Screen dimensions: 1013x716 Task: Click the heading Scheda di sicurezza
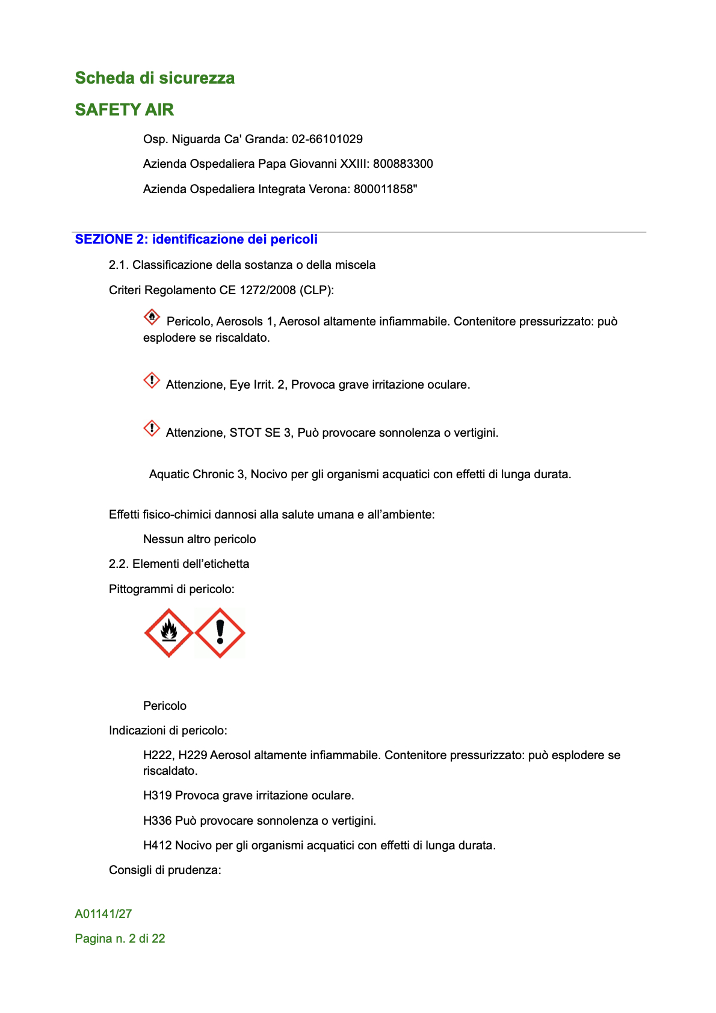click(x=155, y=78)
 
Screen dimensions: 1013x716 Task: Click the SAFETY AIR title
click(x=124, y=109)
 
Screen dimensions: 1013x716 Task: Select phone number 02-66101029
click(x=327, y=139)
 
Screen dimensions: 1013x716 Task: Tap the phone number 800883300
click(x=403, y=164)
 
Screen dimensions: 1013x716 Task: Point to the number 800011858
click(x=383, y=189)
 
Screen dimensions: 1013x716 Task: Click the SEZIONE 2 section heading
click(x=196, y=239)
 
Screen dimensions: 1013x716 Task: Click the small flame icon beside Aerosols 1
click(x=152, y=317)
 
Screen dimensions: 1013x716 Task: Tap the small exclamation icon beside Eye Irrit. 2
click(x=152, y=381)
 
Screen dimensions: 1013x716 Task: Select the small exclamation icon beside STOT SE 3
click(x=152, y=429)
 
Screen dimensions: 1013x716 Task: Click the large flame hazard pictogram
click(x=169, y=633)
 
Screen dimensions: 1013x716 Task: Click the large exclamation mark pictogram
click(x=220, y=633)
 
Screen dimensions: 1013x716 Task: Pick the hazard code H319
click(x=158, y=795)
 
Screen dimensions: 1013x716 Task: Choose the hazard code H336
click(x=158, y=821)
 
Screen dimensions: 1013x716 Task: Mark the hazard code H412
click(x=158, y=845)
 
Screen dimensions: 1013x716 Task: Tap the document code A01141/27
click(x=103, y=914)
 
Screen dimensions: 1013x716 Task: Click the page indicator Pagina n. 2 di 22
click(x=120, y=938)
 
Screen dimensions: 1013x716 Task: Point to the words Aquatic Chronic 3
click(x=197, y=474)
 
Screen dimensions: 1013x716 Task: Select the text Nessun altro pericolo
click(x=199, y=539)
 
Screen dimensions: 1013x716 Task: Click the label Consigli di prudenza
click(x=165, y=870)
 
